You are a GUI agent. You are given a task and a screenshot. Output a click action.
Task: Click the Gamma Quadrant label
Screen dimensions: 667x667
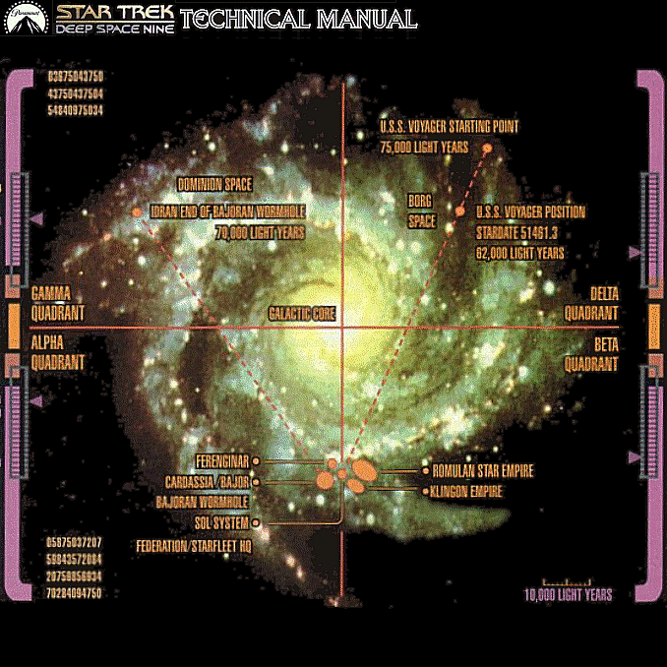[x=58, y=303]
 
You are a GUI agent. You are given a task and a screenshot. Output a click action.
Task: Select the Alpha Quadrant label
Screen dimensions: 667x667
[x=58, y=353]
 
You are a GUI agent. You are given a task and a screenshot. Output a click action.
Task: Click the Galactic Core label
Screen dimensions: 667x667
[x=302, y=314]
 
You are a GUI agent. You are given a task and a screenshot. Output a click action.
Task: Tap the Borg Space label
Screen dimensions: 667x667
[x=422, y=211]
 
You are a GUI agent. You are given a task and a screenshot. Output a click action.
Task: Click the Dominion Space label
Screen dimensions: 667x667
[x=214, y=184]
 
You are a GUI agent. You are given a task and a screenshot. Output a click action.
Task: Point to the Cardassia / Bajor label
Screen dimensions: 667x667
[x=207, y=482]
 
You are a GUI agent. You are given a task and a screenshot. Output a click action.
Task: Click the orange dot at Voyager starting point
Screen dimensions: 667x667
[x=486, y=147]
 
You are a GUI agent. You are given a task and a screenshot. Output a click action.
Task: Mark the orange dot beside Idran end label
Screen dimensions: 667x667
[x=136, y=212]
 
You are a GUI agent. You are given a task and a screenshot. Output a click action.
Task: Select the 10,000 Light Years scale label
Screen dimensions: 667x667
[x=568, y=595]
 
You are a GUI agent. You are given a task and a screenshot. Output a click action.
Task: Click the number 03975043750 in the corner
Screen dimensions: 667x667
[x=76, y=76]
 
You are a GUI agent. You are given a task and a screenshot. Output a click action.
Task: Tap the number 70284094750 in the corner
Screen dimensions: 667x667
[x=76, y=594]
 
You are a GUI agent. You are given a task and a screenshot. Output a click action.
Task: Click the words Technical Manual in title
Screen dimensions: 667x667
[x=299, y=19]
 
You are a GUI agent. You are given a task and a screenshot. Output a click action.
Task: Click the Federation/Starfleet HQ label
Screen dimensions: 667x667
[x=193, y=545]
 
